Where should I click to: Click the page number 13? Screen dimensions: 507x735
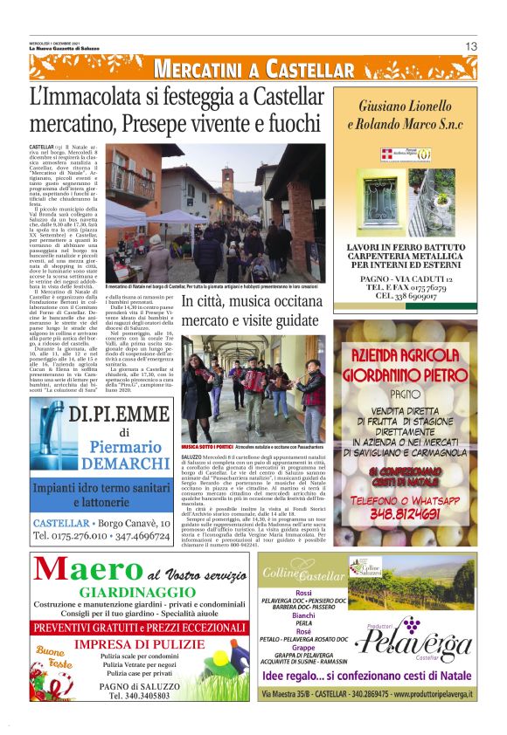[469, 46]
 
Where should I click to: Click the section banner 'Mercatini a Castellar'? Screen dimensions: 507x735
[253, 70]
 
